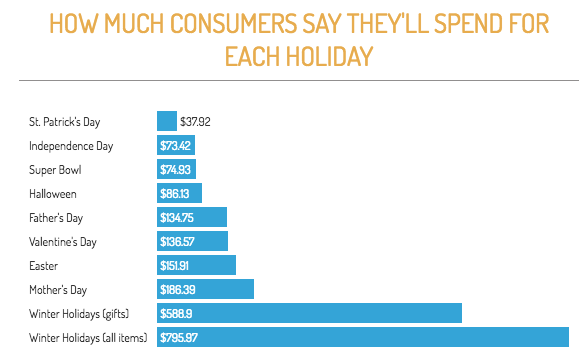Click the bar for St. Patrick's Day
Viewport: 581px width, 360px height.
click(x=167, y=121)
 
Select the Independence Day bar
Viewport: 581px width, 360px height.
click(x=176, y=145)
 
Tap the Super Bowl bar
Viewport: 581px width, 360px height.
click(x=177, y=169)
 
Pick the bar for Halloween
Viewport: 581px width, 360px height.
click(x=180, y=193)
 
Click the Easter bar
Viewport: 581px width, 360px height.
click(x=197, y=265)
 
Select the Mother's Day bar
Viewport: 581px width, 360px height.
click(x=206, y=289)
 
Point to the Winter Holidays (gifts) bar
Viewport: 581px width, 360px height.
click(x=309, y=313)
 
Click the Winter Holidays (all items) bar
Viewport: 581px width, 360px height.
click(x=362, y=337)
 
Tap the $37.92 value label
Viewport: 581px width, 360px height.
click(x=195, y=122)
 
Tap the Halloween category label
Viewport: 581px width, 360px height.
click(x=54, y=193)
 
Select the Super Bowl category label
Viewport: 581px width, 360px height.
click(x=55, y=169)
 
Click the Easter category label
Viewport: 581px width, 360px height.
click(x=44, y=265)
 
